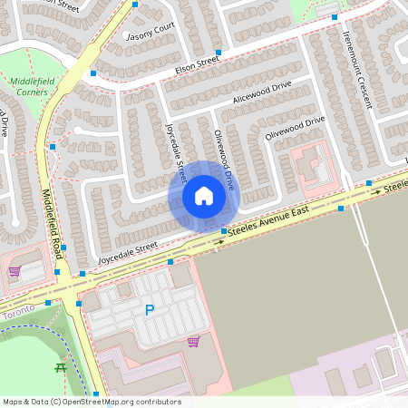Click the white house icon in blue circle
coord(203,196)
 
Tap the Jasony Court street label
coord(151,32)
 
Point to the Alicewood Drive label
coord(262,91)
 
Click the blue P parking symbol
coord(150,310)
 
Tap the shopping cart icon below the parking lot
coord(193,342)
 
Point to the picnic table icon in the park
coord(61,367)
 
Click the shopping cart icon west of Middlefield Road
coord(14,270)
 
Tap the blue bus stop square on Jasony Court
coord(135,5)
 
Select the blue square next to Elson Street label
coord(219,52)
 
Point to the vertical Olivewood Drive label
coord(224,159)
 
